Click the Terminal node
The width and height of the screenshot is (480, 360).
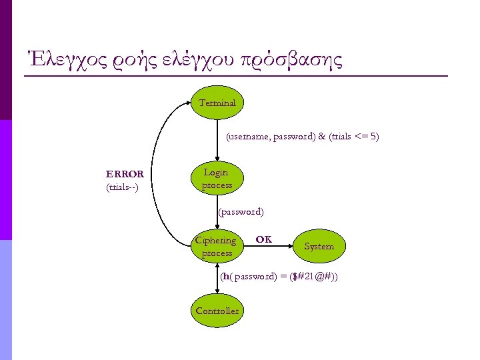tap(217, 103)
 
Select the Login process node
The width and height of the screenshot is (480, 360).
tap(217, 179)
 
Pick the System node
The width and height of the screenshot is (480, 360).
tap(319, 247)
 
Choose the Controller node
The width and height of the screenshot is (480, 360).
tap(217, 311)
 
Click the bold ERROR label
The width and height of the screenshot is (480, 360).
tap(125, 174)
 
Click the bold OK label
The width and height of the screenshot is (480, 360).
tap(264, 239)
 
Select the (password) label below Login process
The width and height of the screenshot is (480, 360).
tap(241, 212)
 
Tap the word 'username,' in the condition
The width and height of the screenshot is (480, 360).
tap(249, 137)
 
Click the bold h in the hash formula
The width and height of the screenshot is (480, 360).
tap(226, 276)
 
